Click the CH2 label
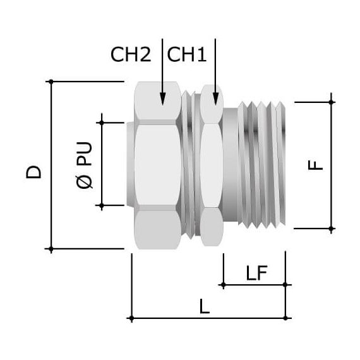(x=131, y=55)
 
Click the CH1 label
(x=187, y=55)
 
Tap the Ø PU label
(x=84, y=164)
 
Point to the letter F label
(x=315, y=165)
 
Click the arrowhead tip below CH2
(x=162, y=102)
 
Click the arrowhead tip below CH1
(x=215, y=103)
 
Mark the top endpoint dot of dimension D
(x=51, y=81)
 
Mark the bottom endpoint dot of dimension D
(x=51, y=248)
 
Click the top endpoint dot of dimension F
(x=332, y=101)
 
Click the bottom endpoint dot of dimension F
(x=332, y=228)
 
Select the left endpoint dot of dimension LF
(x=223, y=285)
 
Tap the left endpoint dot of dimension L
(x=130, y=318)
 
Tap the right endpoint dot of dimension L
(x=285, y=318)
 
